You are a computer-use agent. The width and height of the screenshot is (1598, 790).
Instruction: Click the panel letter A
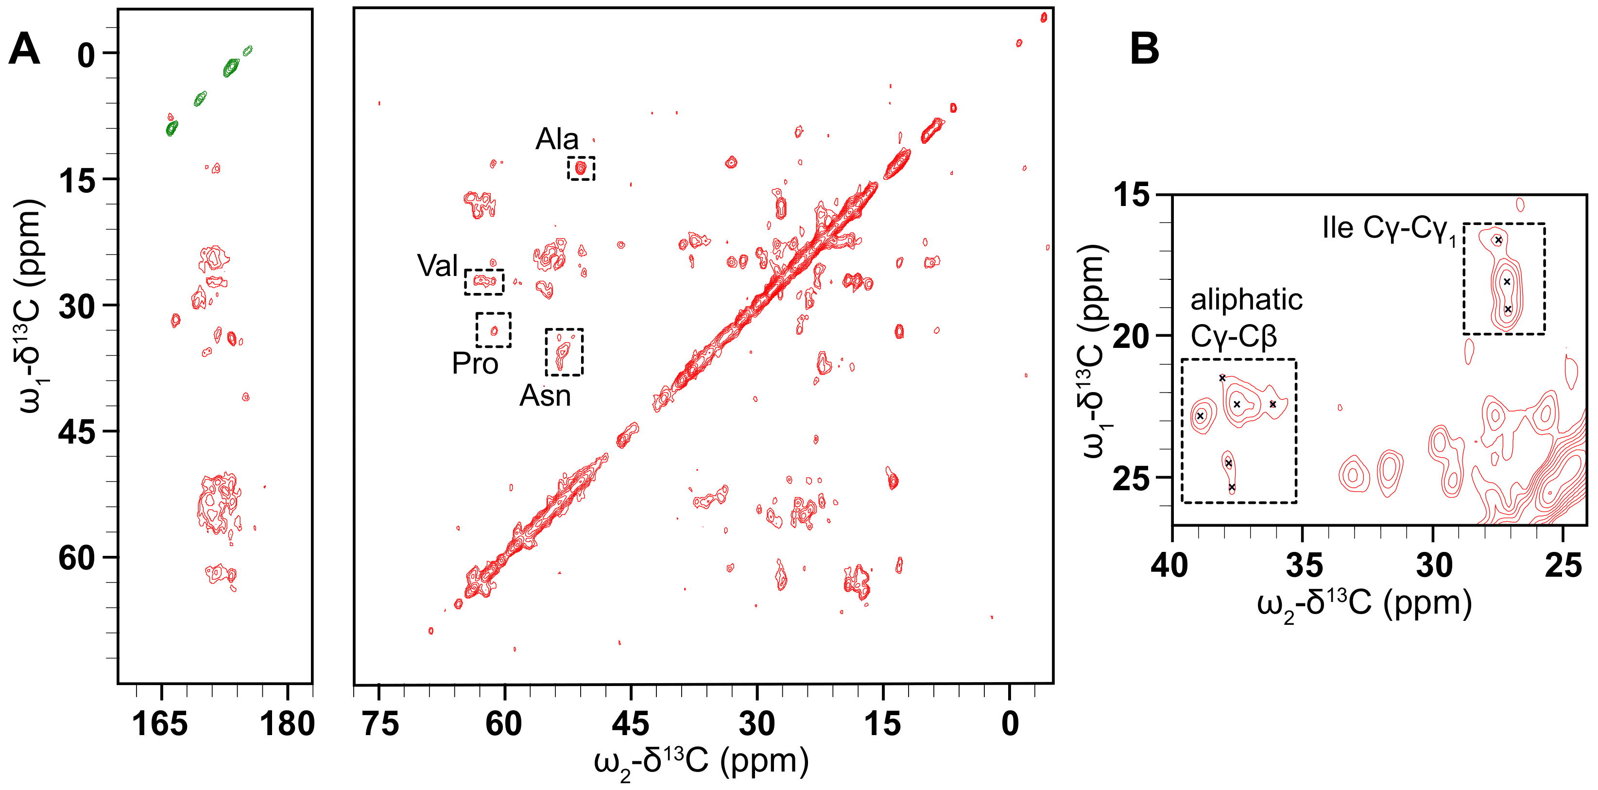[25, 50]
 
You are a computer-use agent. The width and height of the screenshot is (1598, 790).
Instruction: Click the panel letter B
[1145, 50]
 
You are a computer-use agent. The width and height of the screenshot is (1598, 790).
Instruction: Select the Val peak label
[437, 266]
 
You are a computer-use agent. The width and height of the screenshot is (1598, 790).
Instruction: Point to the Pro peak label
[475, 363]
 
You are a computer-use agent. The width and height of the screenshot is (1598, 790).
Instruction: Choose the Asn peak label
[545, 395]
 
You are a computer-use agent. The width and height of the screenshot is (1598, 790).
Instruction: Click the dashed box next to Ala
[581, 168]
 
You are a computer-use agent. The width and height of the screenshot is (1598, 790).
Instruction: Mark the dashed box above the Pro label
[494, 330]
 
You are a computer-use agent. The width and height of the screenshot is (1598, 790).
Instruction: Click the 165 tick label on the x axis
[160, 723]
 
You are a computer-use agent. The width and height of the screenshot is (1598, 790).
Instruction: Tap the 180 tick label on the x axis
[287, 723]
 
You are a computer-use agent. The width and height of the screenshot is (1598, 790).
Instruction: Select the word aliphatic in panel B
[1246, 300]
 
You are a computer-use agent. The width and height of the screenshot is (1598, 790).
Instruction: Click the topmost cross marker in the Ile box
[1498, 240]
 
